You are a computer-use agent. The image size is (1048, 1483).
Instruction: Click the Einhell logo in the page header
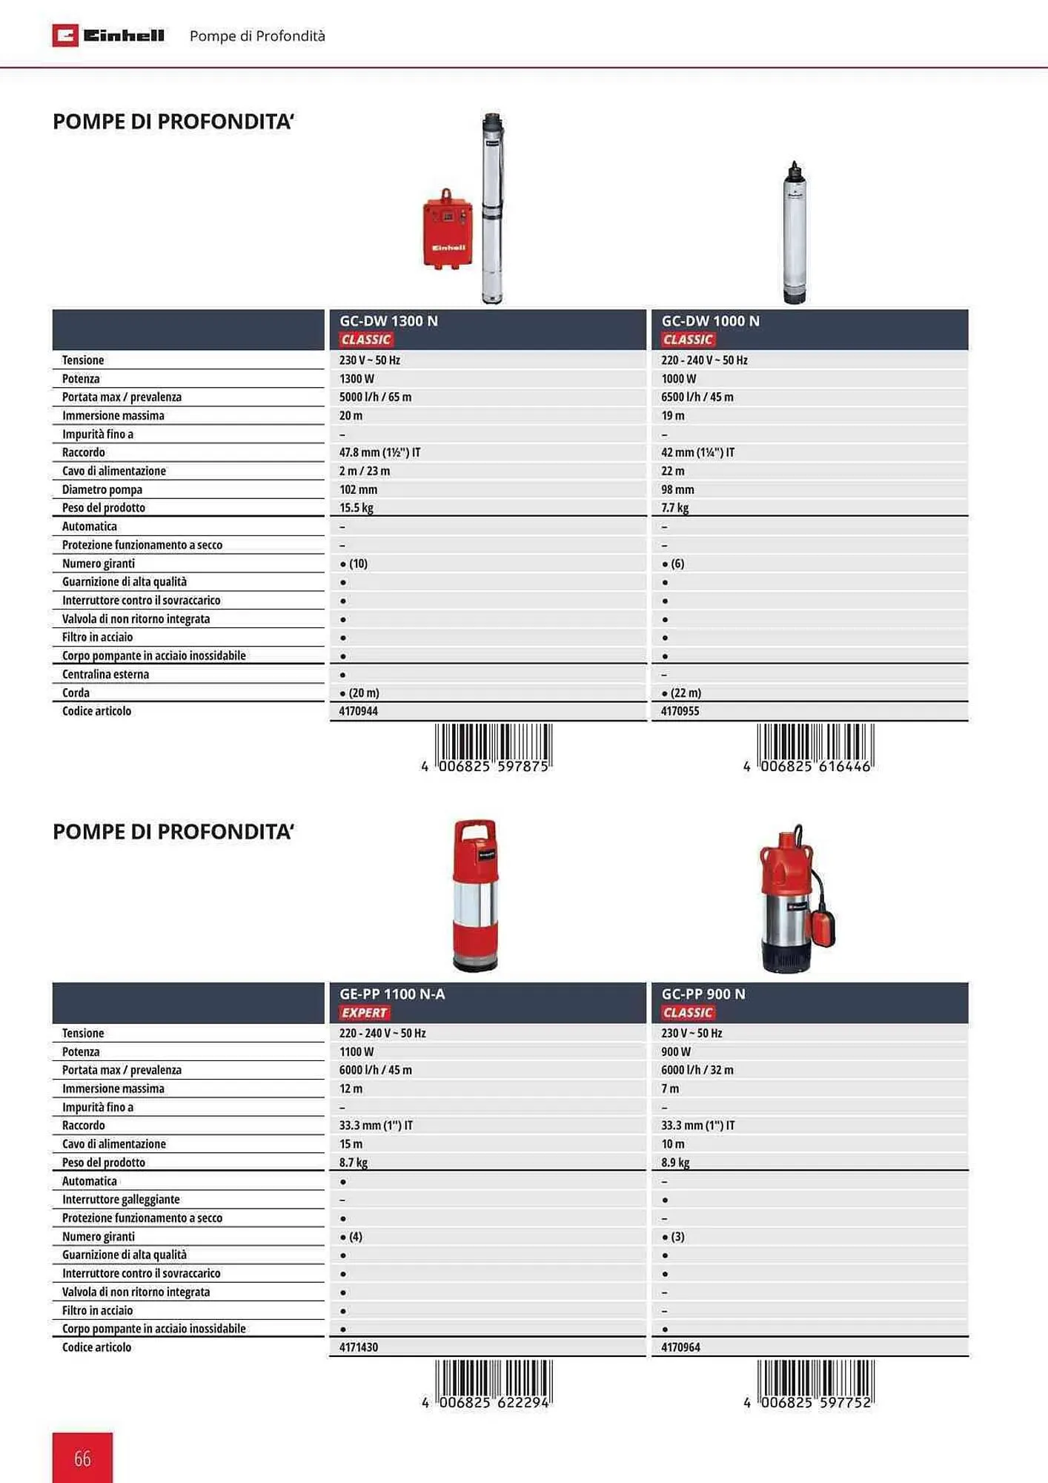pyautogui.click(x=108, y=36)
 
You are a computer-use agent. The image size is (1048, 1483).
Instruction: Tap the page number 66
pyautogui.click(x=82, y=1458)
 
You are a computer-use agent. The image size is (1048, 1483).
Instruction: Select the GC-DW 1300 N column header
pyautogui.click(x=388, y=321)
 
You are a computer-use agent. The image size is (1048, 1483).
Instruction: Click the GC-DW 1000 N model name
pyautogui.click(x=710, y=321)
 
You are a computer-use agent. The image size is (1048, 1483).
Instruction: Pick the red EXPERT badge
pyautogui.click(x=364, y=1013)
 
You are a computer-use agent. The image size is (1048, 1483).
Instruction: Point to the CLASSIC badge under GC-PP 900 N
pyautogui.click(x=687, y=1013)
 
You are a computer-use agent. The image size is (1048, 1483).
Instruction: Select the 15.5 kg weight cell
pyautogui.click(x=356, y=508)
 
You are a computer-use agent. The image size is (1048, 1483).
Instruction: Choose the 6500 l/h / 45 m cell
pyautogui.click(x=697, y=397)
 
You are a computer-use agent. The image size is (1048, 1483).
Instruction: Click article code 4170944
pyautogui.click(x=359, y=711)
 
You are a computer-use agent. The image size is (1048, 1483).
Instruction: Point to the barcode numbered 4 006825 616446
pyautogui.click(x=815, y=747)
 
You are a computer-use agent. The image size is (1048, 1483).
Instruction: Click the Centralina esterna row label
pyautogui.click(x=105, y=674)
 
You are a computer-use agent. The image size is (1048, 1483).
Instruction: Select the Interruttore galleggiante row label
pyautogui.click(x=121, y=1199)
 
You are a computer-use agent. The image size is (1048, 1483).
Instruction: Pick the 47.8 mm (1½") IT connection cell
pyautogui.click(x=379, y=452)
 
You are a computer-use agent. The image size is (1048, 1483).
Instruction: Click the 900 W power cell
pyautogui.click(x=676, y=1051)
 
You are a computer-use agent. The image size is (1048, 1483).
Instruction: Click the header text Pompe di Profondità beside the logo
pyautogui.click(x=257, y=36)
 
